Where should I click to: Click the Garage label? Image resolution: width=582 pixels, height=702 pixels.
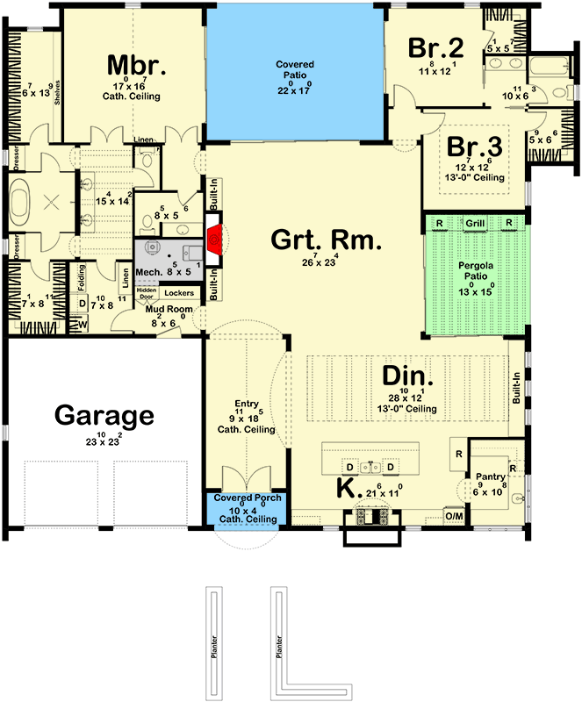104,414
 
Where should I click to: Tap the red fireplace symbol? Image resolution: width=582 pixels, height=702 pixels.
212,236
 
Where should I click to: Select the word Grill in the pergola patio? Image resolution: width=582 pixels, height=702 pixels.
475,224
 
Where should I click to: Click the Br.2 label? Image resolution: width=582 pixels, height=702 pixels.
435,48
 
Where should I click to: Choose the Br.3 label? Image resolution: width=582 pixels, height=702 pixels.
474,147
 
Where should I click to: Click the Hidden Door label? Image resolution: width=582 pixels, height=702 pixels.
146,293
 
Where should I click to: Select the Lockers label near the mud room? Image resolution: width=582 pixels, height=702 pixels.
179,293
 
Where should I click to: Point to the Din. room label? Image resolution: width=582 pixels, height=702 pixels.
403,376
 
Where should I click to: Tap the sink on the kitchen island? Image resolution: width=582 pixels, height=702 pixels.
370,465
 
